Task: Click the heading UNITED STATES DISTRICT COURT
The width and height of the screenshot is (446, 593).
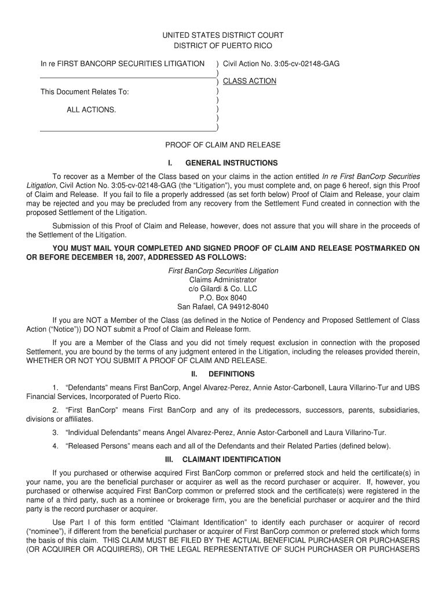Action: (223, 35)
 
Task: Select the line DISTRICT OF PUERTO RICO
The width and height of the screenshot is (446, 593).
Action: (223, 46)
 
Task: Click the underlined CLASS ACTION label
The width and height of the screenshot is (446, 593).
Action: (250, 81)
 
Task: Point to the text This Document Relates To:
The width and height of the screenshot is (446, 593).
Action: (85, 92)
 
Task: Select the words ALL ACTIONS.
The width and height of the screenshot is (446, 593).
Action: (91, 109)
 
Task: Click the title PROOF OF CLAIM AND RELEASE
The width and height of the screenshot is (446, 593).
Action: (223, 145)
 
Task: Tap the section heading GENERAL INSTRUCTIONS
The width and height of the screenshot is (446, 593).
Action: (231, 163)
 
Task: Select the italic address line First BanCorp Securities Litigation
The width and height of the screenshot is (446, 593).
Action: (223, 271)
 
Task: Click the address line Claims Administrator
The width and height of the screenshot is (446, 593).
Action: (223, 280)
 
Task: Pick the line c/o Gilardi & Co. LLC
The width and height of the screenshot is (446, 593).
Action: (223, 289)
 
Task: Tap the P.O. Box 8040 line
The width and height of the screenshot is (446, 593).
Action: (223, 298)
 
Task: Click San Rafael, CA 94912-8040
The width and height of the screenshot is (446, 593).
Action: (223, 307)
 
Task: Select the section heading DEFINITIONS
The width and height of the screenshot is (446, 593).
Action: (231, 374)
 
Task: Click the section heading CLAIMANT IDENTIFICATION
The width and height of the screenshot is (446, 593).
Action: (231, 460)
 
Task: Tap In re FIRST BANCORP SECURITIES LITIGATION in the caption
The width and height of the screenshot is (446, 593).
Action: (122, 63)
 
